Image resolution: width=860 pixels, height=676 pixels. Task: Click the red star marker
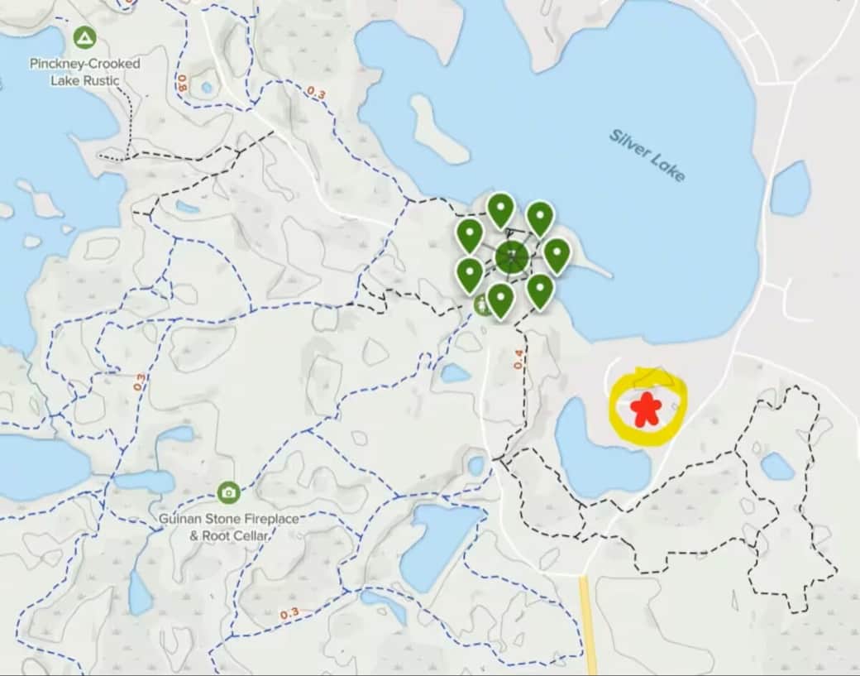645,410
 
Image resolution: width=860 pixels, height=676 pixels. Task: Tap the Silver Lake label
647,155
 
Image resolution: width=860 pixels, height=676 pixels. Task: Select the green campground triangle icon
84,37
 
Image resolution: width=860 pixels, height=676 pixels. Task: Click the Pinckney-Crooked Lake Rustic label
85,72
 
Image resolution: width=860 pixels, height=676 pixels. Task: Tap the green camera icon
228,492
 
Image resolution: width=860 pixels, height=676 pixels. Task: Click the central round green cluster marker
513,256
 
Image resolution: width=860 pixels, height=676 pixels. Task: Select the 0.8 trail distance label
182,83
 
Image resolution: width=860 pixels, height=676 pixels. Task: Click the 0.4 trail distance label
518,358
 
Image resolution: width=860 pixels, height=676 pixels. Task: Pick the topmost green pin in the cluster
500,209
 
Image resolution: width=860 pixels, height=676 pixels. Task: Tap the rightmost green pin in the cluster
557,254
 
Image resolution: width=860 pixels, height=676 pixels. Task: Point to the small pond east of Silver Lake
791,189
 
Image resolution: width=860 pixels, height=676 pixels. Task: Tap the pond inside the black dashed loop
777,467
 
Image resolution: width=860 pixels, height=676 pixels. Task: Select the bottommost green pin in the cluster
500,299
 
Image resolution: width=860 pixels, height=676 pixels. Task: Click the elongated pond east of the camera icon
438,542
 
